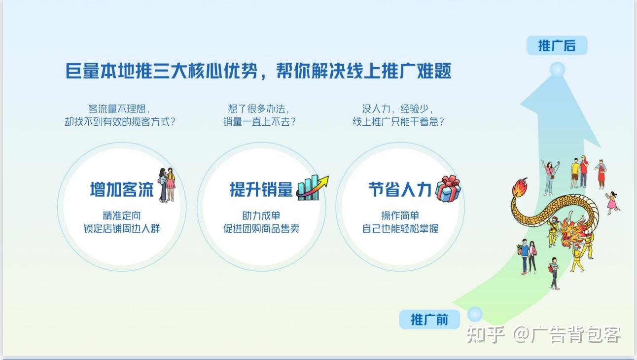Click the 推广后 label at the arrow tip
coord(557,46)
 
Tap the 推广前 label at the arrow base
coord(429,319)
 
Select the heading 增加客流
coord(122,189)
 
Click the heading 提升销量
coord(261,189)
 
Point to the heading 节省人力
coord(400,189)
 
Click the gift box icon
coord(448,188)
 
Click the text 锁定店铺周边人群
coord(122,229)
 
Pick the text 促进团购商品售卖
coord(261,229)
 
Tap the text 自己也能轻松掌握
coord(400,229)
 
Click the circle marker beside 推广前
coord(474,314)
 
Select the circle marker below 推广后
coord(557,70)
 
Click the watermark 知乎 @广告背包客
coord(543,335)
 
